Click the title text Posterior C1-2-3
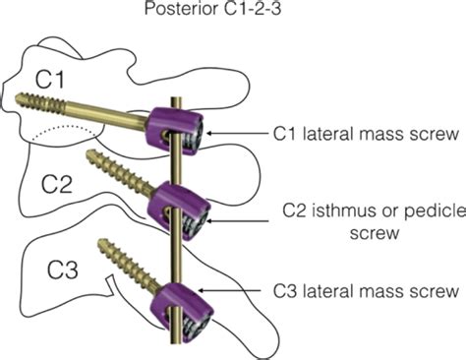point(212,9)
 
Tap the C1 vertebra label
point(49,80)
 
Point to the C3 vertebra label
point(63,270)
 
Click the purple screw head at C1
point(176,132)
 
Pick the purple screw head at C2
point(180,211)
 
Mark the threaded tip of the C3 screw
point(101,243)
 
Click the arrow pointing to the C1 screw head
point(237,134)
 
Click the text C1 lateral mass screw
point(366,134)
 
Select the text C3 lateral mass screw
point(366,291)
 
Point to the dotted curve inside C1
point(66,131)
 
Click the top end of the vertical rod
point(176,98)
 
